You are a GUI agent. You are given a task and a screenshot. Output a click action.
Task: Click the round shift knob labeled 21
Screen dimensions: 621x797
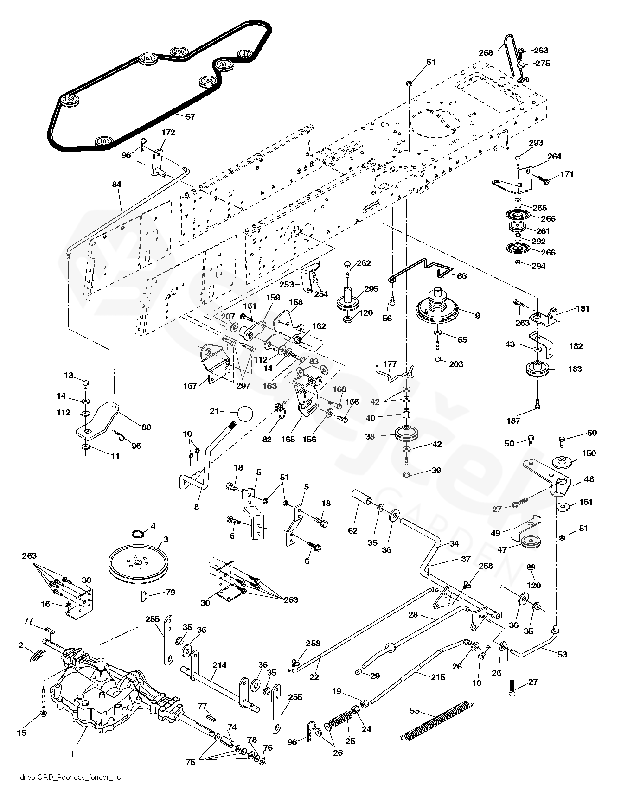pos(246,412)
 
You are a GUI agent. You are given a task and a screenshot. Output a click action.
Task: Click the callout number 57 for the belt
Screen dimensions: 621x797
pos(190,117)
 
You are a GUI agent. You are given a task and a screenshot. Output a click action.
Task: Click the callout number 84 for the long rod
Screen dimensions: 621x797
pos(116,185)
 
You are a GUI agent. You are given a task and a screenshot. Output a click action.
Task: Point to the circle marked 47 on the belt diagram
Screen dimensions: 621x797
pos(245,53)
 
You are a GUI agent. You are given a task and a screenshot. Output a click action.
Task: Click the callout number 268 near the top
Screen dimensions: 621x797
pos(486,53)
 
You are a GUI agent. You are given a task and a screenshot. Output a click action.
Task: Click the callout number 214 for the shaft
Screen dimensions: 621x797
pos(219,665)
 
